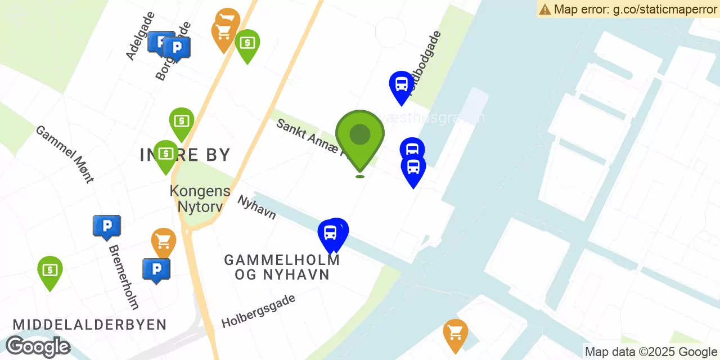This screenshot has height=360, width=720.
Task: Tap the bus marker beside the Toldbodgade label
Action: (402, 85)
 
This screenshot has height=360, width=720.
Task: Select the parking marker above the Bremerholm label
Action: (106, 226)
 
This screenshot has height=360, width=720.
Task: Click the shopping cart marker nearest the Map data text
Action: (455, 333)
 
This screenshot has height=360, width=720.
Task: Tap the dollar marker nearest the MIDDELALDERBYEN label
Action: (50, 271)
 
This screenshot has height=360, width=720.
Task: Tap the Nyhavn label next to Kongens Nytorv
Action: (256, 207)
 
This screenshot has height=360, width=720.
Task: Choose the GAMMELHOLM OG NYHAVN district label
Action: (282, 267)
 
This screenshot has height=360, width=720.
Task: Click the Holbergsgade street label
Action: (258, 311)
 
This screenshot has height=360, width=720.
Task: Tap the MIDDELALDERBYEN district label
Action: (90, 325)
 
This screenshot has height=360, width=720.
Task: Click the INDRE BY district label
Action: (186, 155)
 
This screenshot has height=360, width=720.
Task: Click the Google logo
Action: (38, 346)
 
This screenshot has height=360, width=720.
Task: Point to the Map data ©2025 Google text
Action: (651, 352)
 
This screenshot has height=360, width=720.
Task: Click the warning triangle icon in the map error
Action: (544, 9)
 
